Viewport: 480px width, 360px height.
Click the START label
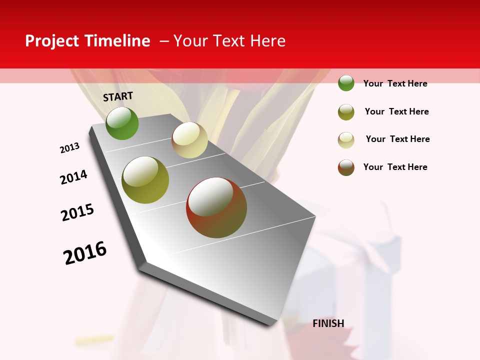[118, 96]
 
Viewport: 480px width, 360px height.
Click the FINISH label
[328, 323]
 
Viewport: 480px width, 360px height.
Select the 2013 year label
[69, 148]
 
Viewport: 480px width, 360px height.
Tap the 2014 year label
[73, 177]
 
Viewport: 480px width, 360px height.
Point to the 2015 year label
[77, 212]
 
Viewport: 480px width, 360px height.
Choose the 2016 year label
[85, 252]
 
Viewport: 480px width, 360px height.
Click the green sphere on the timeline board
[122, 123]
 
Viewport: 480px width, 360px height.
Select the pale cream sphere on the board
[189, 140]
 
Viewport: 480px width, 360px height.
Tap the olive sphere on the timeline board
[145, 180]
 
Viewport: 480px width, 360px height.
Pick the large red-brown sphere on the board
[216, 207]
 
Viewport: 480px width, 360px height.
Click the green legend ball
[346, 83]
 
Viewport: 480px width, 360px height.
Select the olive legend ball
[346, 112]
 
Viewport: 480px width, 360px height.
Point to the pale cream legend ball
[346, 140]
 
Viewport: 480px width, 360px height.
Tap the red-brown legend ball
[346, 167]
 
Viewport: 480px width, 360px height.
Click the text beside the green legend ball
[395, 83]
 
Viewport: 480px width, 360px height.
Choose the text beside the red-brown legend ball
[395, 167]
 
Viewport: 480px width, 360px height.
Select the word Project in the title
[52, 41]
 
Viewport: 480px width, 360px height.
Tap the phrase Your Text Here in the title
[229, 41]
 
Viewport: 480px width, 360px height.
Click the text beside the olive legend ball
[396, 111]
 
